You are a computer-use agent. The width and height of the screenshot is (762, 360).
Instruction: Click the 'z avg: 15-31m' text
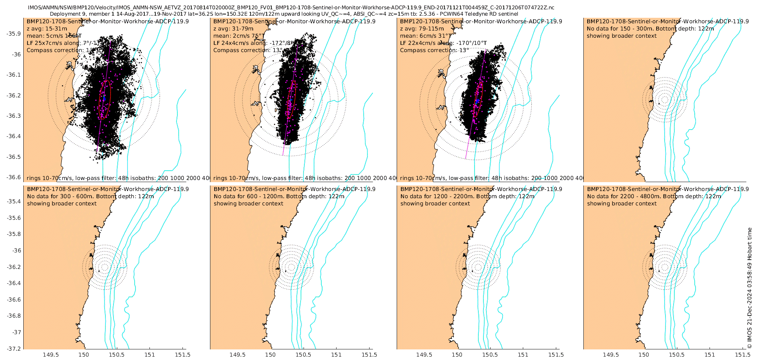click(47, 29)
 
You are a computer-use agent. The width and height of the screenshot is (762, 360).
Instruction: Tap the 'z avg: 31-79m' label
click(233, 29)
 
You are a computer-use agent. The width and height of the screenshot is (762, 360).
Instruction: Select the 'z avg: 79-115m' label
click(422, 29)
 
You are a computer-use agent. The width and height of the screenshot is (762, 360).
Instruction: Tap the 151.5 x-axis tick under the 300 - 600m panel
click(182, 355)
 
